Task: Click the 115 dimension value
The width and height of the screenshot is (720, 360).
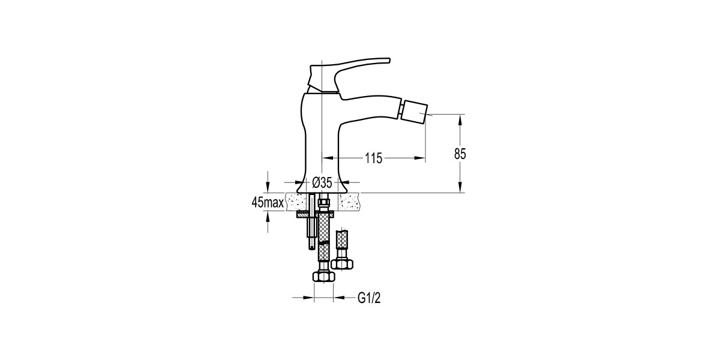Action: click(373, 158)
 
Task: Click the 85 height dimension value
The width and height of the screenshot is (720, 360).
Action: click(460, 154)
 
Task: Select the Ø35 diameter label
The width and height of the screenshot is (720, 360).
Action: click(322, 182)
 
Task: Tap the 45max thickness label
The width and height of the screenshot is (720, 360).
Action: click(268, 203)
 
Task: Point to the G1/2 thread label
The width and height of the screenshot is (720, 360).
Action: click(369, 298)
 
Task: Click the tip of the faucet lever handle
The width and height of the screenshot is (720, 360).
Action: click(389, 60)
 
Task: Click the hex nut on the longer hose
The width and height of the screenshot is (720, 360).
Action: click(323, 277)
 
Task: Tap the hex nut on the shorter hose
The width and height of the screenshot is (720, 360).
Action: click(341, 264)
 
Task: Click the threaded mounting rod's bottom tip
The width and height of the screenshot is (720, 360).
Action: click(311, 249)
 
